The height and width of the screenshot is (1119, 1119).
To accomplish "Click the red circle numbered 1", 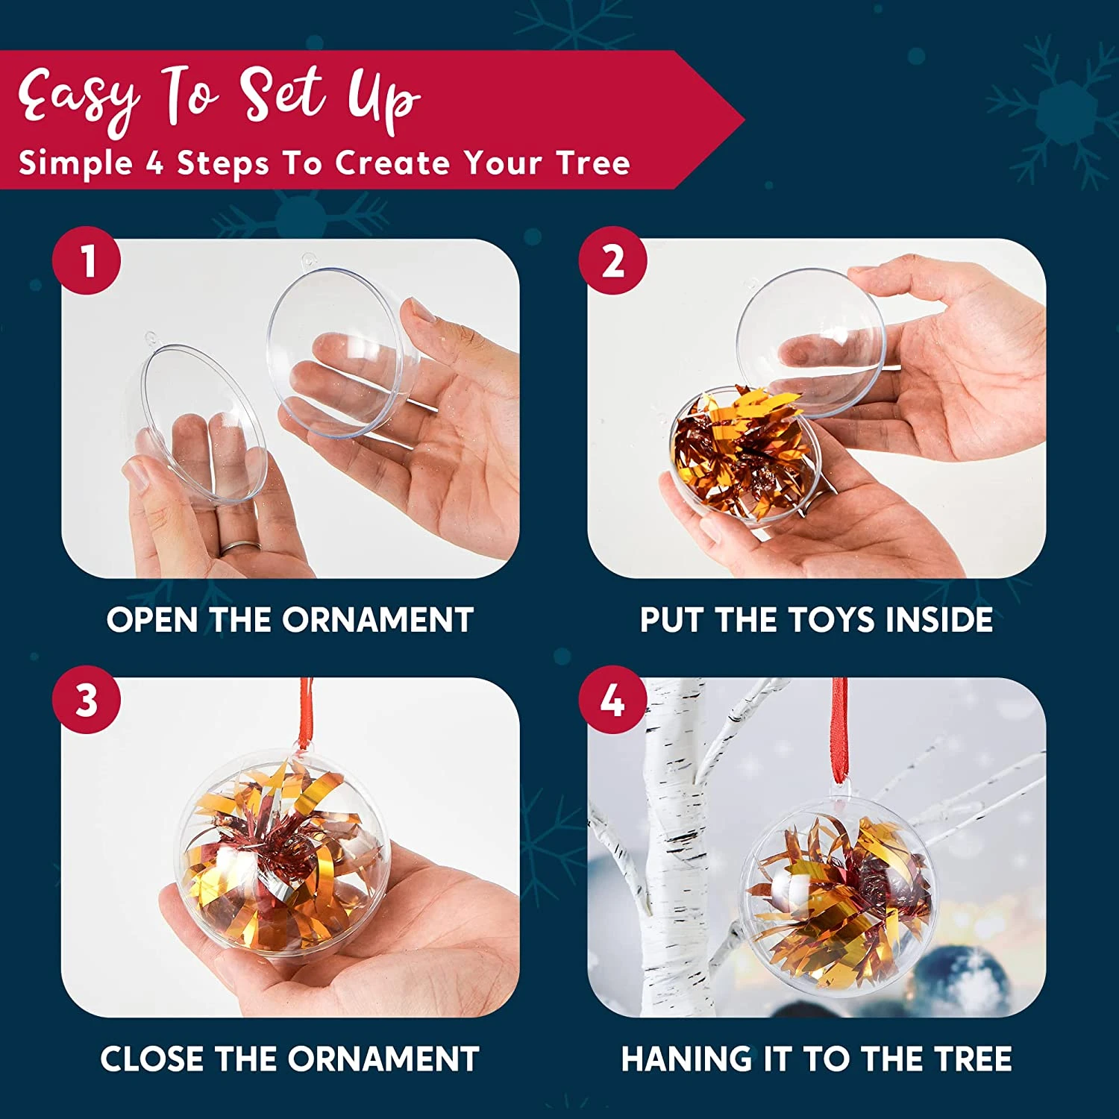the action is (x=87, y=260).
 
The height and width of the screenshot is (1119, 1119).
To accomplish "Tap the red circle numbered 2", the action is (x=613, y=260).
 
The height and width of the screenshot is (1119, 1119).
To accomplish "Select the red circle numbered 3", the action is (x=87, y=700).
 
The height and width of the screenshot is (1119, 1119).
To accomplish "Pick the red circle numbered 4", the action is (x=613, y=700).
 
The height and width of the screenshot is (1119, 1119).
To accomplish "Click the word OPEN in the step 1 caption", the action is (x=152, y=620).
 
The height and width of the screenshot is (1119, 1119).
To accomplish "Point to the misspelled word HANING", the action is (x=686, y=1059).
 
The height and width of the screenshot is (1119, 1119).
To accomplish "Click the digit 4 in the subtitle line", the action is (x=154, y=163).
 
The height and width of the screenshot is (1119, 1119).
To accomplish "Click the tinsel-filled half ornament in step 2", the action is (x=746, y=455).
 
